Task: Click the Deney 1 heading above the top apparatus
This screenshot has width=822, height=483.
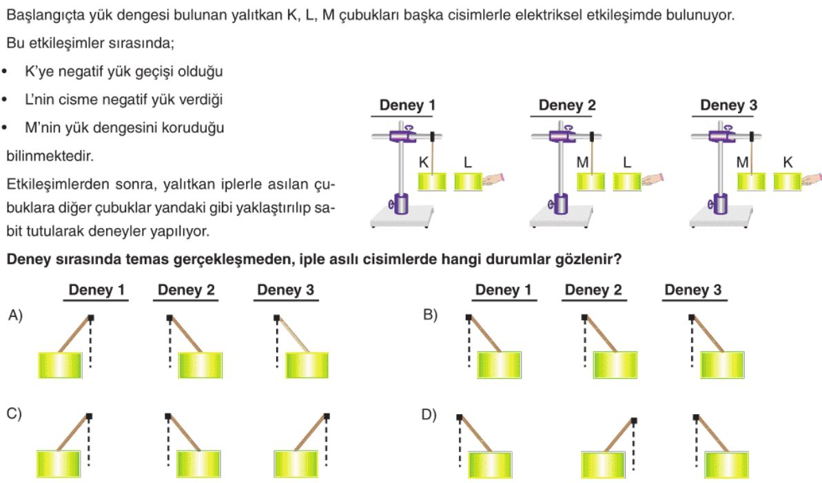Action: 407,105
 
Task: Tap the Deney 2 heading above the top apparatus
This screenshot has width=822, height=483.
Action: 567,105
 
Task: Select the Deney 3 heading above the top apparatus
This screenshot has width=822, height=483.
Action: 729,105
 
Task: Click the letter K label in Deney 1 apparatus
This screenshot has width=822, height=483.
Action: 424,163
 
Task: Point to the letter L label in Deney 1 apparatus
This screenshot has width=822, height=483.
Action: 468,163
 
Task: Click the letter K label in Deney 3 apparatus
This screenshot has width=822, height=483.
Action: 788,163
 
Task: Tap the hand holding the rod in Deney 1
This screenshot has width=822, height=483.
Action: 493,179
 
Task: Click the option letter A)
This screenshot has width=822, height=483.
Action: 15,315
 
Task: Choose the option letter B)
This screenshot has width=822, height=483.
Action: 430,315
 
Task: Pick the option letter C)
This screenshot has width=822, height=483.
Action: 14,414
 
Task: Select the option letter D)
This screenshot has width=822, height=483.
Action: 429,415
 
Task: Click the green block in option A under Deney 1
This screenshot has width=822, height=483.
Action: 60,365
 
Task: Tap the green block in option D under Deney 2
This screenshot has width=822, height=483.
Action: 603,464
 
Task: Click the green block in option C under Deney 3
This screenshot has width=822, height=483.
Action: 296,464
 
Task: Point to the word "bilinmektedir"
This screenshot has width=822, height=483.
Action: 50,156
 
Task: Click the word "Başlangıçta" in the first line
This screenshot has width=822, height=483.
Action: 45,15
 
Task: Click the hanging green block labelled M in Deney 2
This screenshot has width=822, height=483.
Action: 590,182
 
